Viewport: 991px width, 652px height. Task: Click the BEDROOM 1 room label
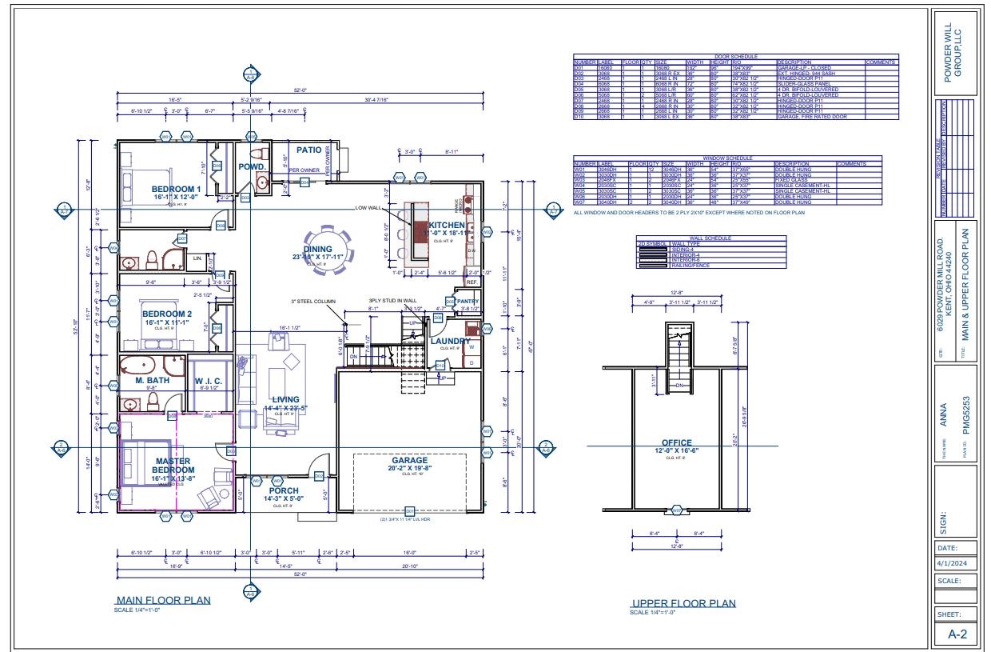pyautogui.click(x=176, y=190)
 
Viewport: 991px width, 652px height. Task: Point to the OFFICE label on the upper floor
pyautogui.click(x=677, y=443)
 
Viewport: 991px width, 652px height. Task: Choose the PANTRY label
pyautogui.click(x=468, y=302)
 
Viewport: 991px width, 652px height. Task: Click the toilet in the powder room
pyautogui.click(x=257, y=154)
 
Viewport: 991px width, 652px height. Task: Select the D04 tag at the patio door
pyautogui.click(x=304, y=182)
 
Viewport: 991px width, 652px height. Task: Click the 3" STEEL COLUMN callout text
pyautogui.click(x=313, y=302)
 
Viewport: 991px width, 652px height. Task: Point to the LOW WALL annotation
pyautogui.click(x=368, y=208)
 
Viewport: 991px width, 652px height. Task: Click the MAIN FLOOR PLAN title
pyautogui.click(x=163, y=601)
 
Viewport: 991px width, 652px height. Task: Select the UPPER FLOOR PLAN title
pyautogui.click(x=683, y=603)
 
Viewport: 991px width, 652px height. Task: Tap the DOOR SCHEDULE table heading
pyautogui.click(x=735, y=57)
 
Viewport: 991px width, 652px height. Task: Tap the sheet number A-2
pyautogui.click(x=955, y=634)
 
